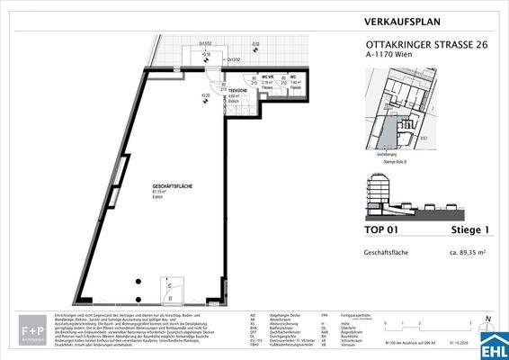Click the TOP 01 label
tap(386, 229)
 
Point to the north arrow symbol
tap(485, 319)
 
